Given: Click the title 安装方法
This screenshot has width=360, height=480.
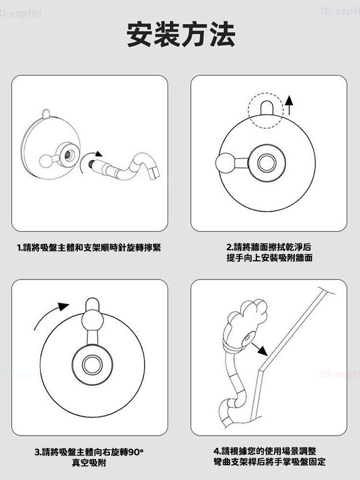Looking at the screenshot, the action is [180, 34].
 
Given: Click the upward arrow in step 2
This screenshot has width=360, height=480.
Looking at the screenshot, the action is [289, 105].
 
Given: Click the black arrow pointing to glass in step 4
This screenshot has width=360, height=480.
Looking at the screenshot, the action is [259, 349].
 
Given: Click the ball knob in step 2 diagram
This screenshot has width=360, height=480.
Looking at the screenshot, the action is [225, 163].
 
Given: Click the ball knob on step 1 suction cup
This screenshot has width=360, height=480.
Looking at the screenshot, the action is [47, 161].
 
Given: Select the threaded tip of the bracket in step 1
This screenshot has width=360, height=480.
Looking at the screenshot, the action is [91, 164].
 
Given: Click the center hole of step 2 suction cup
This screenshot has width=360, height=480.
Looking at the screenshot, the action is [267, 163].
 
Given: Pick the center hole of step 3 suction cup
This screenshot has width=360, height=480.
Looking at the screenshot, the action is [92, 365].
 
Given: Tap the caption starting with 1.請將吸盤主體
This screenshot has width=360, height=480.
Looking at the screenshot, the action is [89, 247].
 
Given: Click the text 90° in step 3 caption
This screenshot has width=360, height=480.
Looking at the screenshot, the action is [135, 452].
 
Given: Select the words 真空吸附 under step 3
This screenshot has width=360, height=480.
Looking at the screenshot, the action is [89, 463].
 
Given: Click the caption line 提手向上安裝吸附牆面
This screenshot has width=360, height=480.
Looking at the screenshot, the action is [269, 258].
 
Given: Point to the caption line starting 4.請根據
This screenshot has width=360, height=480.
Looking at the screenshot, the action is [265, 451].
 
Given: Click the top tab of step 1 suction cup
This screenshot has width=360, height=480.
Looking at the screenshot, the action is [46, 113].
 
